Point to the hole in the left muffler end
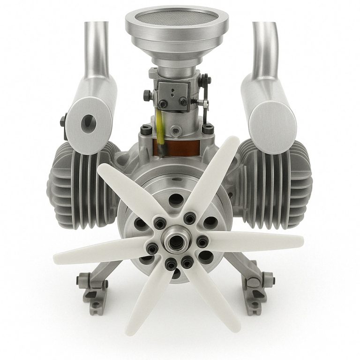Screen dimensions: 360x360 (87, 122)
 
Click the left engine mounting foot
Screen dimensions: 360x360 (94, 288)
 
